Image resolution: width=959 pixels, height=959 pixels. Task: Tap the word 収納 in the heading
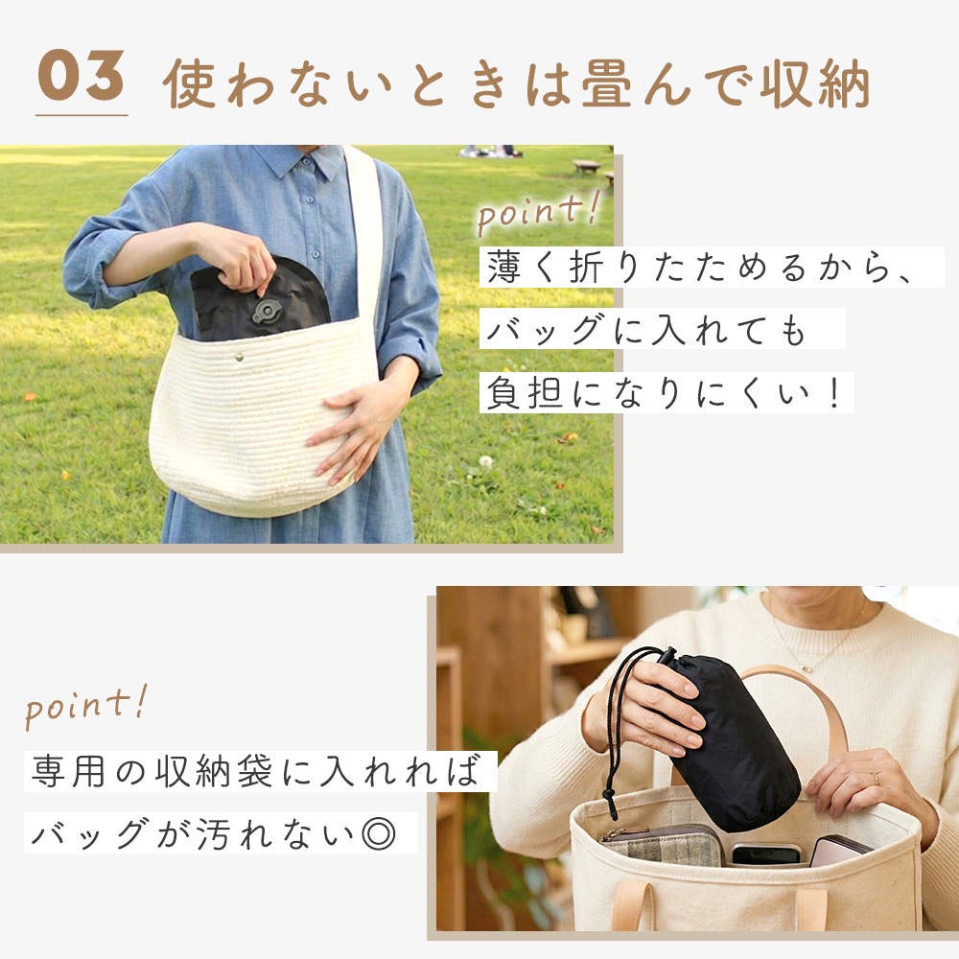tap(814, 83)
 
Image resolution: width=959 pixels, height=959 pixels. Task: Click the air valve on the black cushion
tap(268, 311)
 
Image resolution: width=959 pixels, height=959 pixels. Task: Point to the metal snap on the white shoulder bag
tap(239, 357)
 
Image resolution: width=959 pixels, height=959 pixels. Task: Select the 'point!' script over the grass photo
tap(538, 212)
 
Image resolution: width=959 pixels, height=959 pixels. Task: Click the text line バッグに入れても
tap(645, 330)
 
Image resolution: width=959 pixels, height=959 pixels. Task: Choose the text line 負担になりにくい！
tap(665, 392)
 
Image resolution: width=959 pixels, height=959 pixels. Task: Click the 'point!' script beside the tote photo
tap(85, 707)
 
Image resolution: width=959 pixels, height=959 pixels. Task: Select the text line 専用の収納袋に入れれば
tap(256, 771)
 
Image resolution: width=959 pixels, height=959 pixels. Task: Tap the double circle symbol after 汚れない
tap(379, 833)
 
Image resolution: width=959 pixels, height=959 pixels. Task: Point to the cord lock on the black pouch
tap(667, 658)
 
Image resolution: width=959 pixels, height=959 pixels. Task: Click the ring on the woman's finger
tap(876, 779)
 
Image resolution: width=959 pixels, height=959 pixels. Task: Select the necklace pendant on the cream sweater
tap(807, 667)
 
